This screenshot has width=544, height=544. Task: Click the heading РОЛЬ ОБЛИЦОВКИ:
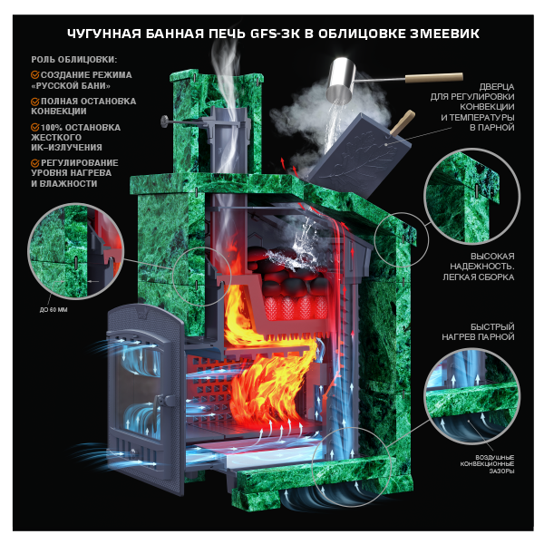[74, 60]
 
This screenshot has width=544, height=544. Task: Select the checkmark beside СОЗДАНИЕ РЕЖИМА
[35, 74]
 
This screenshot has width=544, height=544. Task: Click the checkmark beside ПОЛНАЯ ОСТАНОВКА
[35, 102]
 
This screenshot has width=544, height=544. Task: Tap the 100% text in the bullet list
[52, 128]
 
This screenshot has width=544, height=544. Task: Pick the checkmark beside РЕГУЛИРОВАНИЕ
[35, 162]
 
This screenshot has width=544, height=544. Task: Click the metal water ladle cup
[343, 79]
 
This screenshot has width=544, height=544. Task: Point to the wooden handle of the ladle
[434, 78]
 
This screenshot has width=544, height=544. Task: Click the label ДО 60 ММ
[53, 310]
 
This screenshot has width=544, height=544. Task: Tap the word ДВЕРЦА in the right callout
[497, 87]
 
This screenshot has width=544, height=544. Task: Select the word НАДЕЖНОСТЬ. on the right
[482, 267]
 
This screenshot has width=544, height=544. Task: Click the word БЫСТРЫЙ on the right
[492, 326]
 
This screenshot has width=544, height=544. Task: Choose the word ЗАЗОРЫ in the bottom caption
[501, 471]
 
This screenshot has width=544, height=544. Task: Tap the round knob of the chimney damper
[164, 121]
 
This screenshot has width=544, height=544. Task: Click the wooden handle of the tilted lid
[403, 121]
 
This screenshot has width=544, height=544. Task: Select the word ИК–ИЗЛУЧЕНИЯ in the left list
[66, 148]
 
